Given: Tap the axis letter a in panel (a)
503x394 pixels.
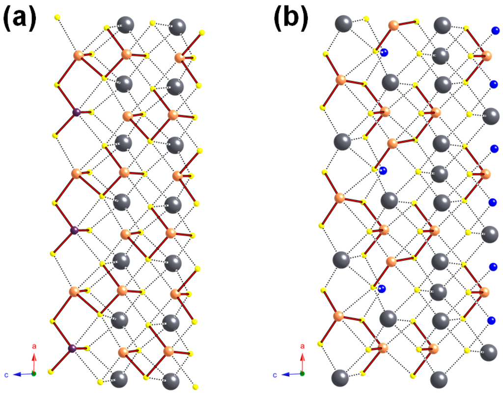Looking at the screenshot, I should (34, 346).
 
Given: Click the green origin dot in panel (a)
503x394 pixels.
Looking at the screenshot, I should (34, 374).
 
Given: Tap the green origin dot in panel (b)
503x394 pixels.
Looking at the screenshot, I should (302, 374).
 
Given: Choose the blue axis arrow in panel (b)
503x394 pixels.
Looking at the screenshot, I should (290, 374).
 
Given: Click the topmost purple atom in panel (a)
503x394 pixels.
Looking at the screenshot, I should (76, 113).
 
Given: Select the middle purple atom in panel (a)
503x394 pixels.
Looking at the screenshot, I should (75, 230).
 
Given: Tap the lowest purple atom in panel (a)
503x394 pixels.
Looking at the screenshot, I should (72, 348).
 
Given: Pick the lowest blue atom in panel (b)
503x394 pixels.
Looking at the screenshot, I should (491, 321).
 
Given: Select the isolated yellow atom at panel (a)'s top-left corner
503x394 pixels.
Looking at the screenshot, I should (57, 18).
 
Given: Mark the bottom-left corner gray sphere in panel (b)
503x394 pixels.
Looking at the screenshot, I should (340, 378).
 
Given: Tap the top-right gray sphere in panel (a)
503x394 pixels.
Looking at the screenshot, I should (177, 27).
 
